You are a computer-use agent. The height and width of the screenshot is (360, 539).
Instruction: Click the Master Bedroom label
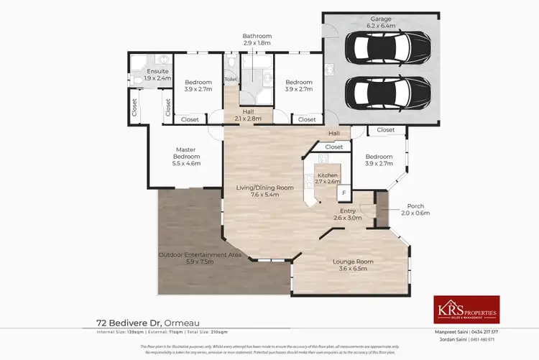185,157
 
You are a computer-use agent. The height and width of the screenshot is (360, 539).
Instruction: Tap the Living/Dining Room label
265,191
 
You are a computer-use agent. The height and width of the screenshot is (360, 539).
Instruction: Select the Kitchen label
328,178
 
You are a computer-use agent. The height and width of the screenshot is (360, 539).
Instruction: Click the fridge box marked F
344,193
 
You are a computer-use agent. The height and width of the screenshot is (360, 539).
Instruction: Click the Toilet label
230,79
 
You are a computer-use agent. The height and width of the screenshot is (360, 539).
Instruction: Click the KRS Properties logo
466,309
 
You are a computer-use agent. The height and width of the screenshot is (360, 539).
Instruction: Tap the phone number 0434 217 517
502,332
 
